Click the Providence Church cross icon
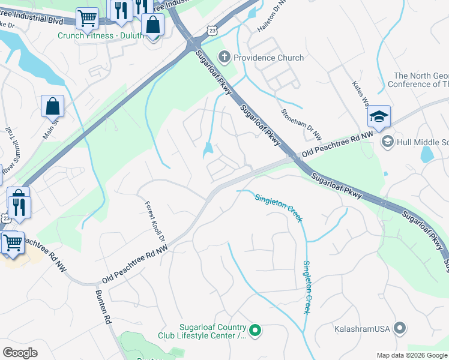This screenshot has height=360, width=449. (x=224, y=58)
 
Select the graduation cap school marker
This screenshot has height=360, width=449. (x=379, y=117)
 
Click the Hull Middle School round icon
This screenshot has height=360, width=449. (x=387, y=141)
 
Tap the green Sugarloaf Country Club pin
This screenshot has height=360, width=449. (x=255, y=330)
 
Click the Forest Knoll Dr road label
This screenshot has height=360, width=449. (x=153, y=221)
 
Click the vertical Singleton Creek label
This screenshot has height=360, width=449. (x=307, y=287)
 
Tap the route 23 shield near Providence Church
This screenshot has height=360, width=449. (x=211, y=29)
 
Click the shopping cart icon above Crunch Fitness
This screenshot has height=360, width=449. (x=88, y=19)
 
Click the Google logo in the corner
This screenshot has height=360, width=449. (x=20, y=352)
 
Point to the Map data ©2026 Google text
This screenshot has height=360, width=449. (x=411, y=355)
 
